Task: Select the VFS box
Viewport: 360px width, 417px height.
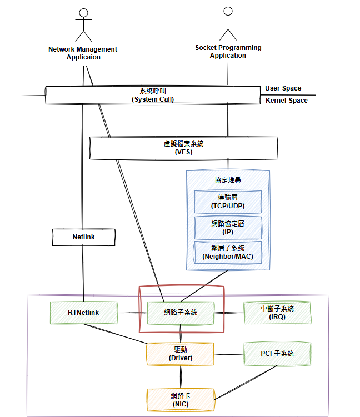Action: (183, 148)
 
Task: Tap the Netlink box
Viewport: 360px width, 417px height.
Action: (83, 237)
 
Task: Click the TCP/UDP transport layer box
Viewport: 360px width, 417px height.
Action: (228, 202)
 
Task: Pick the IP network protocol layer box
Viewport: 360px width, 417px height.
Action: (228, 227)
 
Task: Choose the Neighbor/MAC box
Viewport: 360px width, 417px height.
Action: (228, 252)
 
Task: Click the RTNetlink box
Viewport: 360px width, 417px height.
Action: (83, 313)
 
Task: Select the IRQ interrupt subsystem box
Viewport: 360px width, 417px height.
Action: (277, 313)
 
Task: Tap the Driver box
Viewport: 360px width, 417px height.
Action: (180, 354)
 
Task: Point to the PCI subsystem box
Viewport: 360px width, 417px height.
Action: (277, 354)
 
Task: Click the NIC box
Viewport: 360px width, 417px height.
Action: (180, 399)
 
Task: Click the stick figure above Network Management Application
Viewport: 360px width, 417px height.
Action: (84, 25)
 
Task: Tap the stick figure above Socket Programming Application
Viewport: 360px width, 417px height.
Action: (227, 24)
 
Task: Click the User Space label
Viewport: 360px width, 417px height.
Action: (283, 88)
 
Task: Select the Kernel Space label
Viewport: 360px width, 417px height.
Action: (286, 101)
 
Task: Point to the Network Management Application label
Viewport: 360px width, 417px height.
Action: (83, 53)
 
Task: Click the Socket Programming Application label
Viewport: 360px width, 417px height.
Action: (228, 52)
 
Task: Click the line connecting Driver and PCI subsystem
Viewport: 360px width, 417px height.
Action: (229, 354)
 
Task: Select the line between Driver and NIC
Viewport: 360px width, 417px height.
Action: (180, 376)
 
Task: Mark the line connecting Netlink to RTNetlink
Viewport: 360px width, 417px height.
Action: (83, 273)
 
